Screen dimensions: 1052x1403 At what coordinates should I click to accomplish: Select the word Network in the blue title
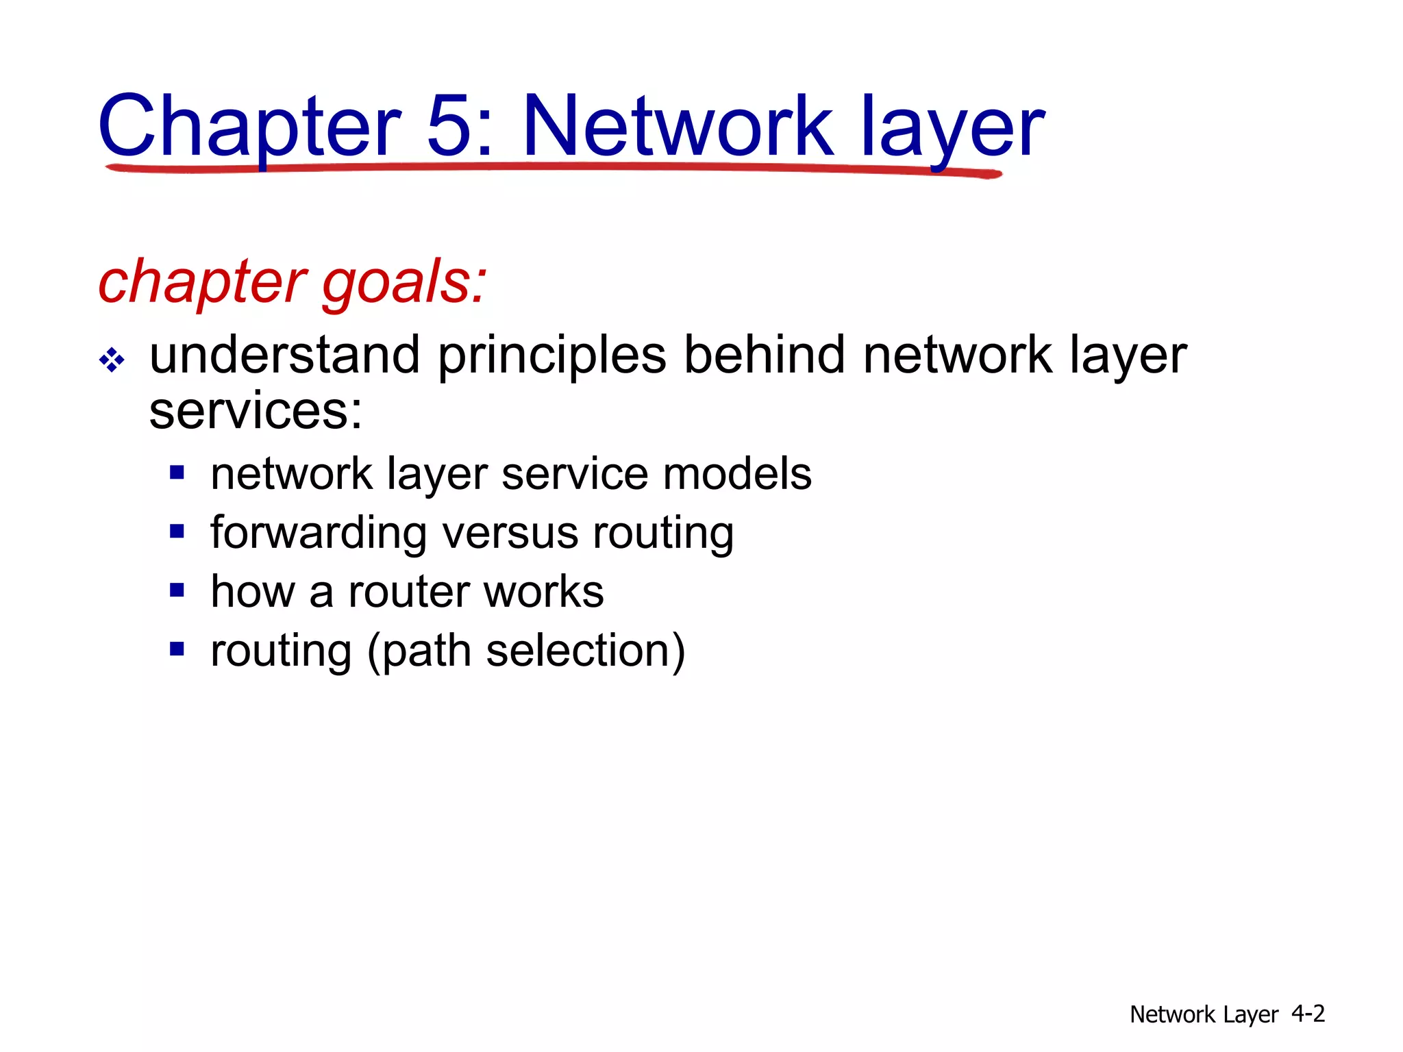click(678, 126)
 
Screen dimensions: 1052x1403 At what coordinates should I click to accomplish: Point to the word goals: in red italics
click(404, 282)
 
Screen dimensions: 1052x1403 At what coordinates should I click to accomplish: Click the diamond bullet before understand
click(112, 360)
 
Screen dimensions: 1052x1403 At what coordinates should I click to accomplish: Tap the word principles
click(551, 356)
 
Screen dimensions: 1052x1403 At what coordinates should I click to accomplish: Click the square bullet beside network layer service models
click(177, 473)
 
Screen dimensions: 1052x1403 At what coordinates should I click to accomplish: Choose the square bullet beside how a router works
click(177, 590)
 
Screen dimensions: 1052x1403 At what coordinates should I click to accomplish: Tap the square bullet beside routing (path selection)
click(177, 649)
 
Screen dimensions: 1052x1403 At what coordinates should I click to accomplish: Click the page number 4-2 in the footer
click(1308, 1013)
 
